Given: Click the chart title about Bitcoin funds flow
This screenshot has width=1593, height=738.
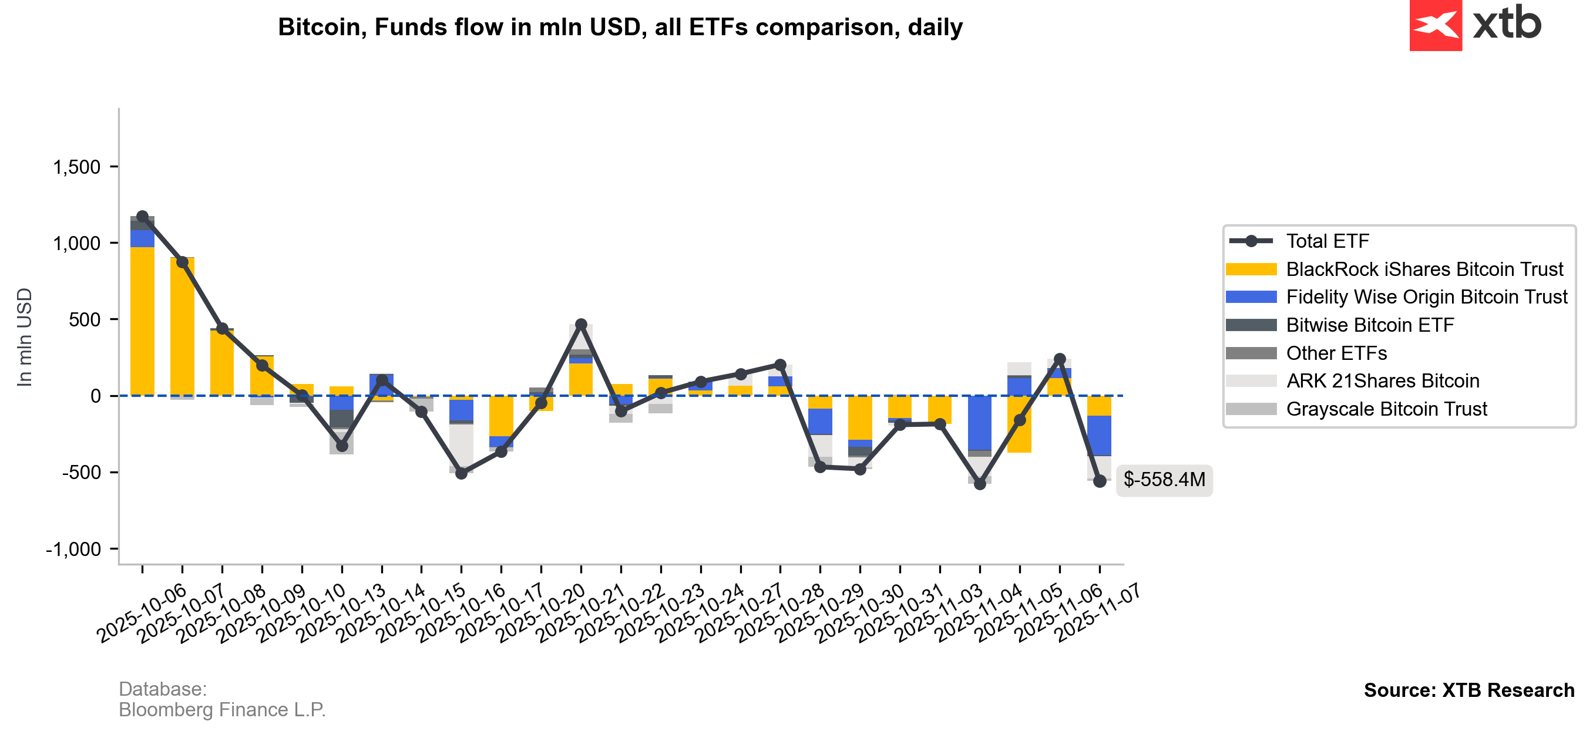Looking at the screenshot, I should [620, 27].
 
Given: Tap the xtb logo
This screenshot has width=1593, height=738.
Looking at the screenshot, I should [1475, 25].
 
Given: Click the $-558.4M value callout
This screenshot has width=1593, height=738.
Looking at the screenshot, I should [1164, 480].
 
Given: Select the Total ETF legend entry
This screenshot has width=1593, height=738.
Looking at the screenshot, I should [1327, 241].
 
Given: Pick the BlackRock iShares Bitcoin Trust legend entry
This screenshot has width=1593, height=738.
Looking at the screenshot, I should [1424, 269].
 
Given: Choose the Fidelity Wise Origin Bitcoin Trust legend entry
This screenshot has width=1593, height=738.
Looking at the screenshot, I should [1426, 297].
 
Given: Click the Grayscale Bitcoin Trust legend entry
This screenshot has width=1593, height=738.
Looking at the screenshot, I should [1386, 409].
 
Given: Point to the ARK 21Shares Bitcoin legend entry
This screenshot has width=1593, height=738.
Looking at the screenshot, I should [1382, 382].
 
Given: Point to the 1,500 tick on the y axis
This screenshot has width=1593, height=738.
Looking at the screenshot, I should [77, 167].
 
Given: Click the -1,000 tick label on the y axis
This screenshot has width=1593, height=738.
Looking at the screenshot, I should [73, 549].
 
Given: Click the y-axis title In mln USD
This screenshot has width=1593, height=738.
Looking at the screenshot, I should [24, 338].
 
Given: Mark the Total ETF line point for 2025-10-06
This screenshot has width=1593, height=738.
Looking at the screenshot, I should [142, 216].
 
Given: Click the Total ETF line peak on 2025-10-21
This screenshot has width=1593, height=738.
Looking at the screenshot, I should [581, 325].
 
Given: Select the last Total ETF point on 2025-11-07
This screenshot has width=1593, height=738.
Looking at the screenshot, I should [1099, 481].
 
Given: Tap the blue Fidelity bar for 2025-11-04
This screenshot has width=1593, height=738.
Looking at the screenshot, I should [980, 423].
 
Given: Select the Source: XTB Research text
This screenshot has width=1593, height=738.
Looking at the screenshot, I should [1468, 690].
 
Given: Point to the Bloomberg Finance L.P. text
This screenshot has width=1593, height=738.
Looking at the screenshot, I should [221, 710].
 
